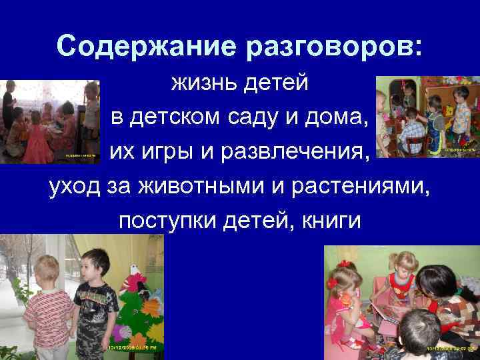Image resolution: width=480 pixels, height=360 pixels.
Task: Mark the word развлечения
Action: click(294, 152)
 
